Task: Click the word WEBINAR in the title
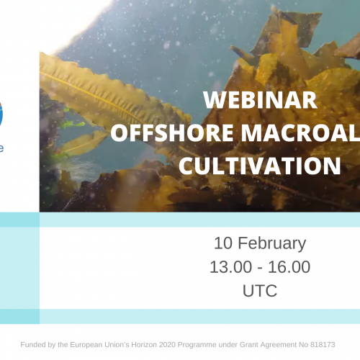[260, 99]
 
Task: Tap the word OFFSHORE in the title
[154, 132]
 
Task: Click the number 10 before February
[223, 243]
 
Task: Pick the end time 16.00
[291, 267]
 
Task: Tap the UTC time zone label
[260, 291]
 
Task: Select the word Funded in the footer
[34, 345]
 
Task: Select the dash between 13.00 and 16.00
[260, 268]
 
